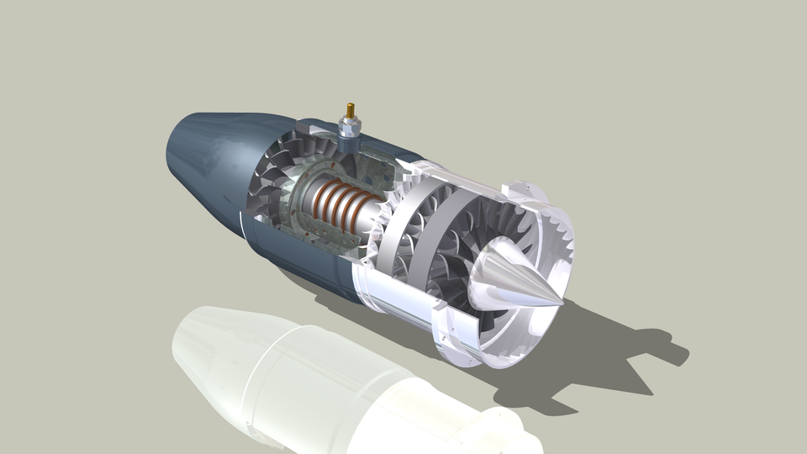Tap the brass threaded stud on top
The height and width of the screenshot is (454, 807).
pyautogui.click(x=350, y=111)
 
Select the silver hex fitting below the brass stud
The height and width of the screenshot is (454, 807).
pyautogui.click(x=349, y=129)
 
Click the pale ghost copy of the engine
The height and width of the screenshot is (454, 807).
pyautogui.click(x=319, y=387)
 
